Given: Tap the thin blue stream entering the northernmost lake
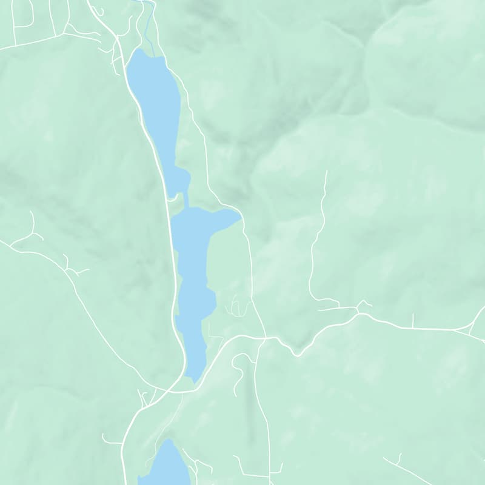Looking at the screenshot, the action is pos(149,30).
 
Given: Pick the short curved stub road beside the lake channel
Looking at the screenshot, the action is pos(172,198).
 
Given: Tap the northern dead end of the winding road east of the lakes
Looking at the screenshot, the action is pos(326,172).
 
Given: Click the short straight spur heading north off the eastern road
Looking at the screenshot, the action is pos(413,320).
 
